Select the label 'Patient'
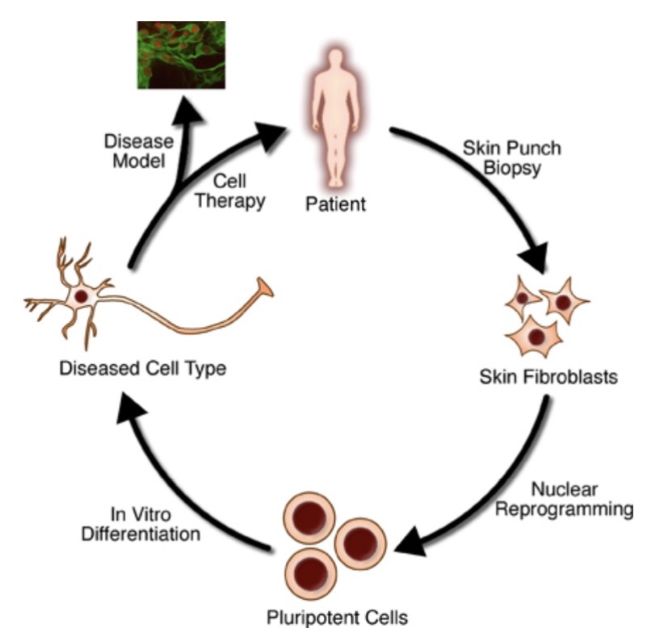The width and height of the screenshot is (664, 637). (x=334, y=203)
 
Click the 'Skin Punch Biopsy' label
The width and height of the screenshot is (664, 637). (x=511, y=158)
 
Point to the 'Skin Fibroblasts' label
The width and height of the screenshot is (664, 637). (x=549, y=377)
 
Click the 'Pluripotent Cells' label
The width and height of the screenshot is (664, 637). (x=338, y=618)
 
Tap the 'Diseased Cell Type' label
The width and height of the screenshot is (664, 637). (x=142, y=369)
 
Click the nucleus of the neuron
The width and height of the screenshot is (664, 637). (x=81, y=296)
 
